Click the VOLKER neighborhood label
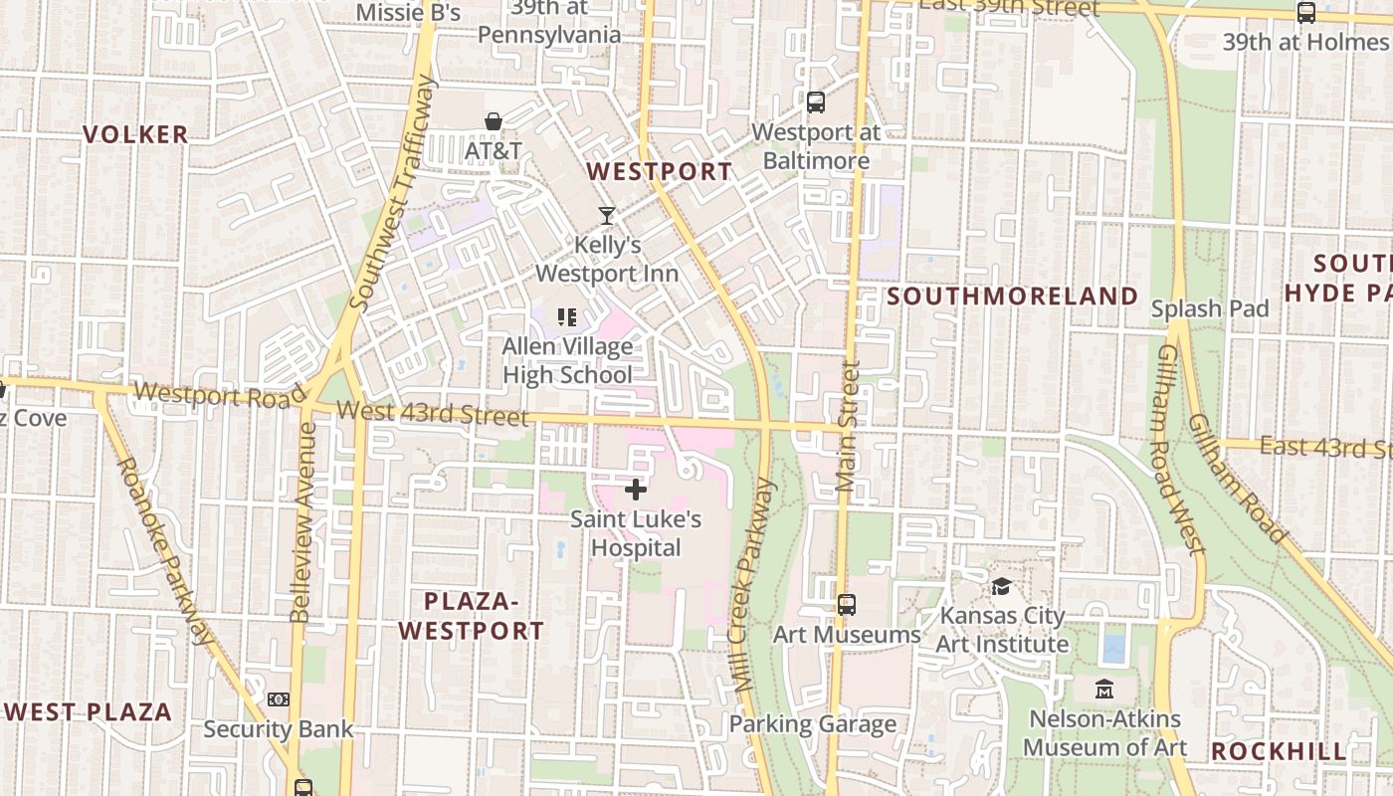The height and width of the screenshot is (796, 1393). coord(135,134)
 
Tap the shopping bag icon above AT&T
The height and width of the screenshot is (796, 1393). coord(493,121)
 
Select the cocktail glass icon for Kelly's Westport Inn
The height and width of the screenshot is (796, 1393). coord(607,215)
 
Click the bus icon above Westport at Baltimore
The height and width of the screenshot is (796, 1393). coord(816,101)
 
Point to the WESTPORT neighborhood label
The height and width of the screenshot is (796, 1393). coord(659,171)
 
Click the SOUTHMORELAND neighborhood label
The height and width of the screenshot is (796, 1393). coord(1012,296)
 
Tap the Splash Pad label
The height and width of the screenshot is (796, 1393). coord(1210,308)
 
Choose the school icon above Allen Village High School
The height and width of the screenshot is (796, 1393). coord(567,317)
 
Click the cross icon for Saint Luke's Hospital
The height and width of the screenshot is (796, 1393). coord(636,490)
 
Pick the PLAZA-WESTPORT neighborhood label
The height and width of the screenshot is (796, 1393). coord(472,616)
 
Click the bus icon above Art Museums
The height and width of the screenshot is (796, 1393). coord(847,604)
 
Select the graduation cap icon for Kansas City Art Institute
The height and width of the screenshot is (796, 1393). coord(1001,586)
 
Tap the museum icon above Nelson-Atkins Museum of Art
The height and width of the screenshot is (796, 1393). coord(1104,689)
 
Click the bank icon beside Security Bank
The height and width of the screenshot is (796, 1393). coord(279,699)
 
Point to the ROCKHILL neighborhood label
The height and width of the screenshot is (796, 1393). coord(1279,751)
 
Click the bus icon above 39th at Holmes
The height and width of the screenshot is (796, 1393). coord(1305,13)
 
